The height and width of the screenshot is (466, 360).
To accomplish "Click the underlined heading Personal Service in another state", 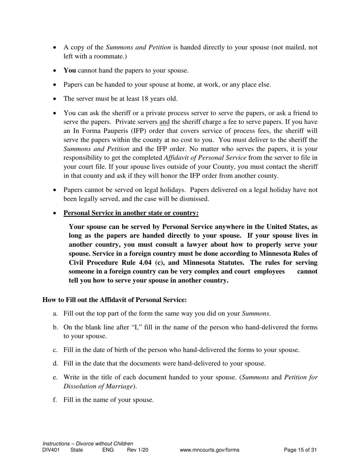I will (131, 213).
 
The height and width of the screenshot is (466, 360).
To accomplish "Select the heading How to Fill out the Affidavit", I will (114, 300).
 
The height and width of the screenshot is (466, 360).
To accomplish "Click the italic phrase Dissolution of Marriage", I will (99, 386).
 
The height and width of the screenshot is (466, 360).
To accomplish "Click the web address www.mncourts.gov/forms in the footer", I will (210, 450).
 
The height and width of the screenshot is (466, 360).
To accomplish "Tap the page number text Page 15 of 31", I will (300, 450).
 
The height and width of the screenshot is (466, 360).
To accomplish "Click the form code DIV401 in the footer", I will (51, 450).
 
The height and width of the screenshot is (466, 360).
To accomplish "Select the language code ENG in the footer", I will (108, 450).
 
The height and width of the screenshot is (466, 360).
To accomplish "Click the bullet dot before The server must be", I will (55, 99).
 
